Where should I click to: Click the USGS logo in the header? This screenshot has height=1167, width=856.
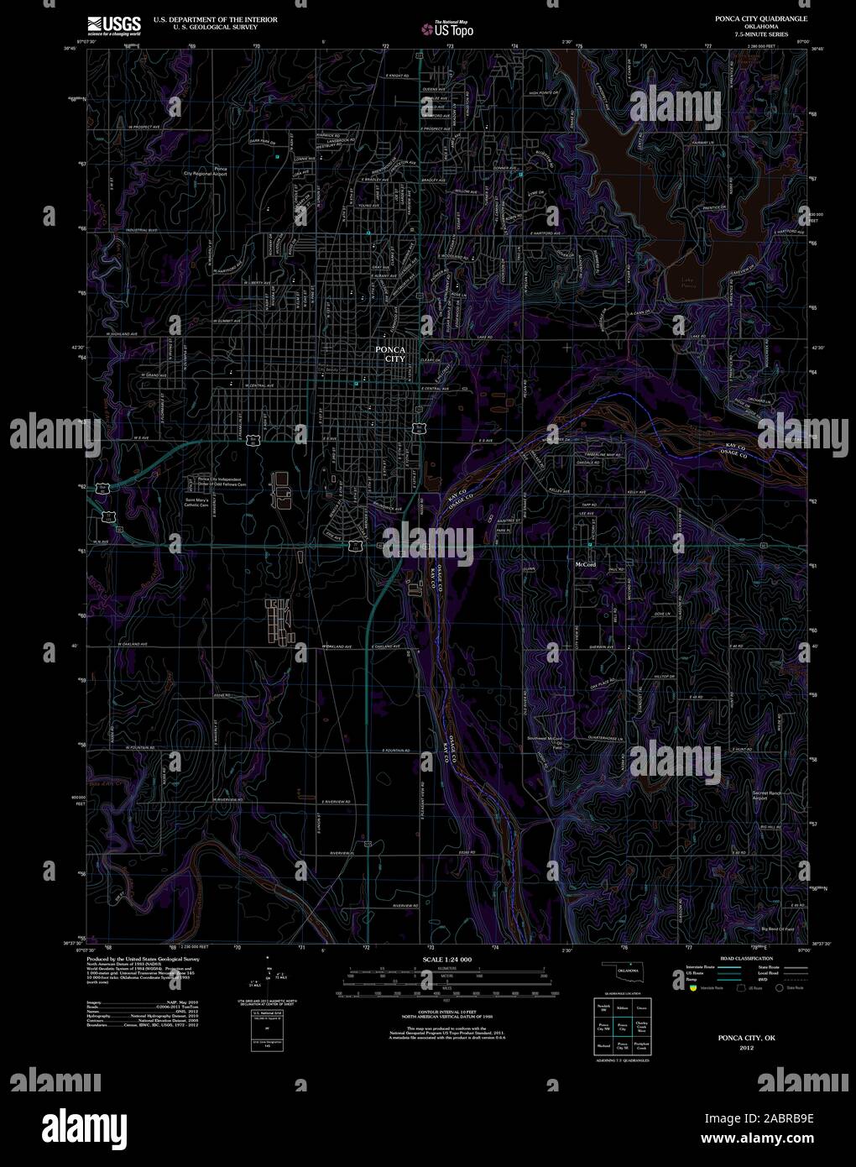[114, 24]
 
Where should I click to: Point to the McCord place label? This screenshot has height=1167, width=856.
[585, 563]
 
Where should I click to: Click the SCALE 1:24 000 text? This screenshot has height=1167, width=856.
[447, 959]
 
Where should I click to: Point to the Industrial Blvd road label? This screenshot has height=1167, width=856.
[142, 229]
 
